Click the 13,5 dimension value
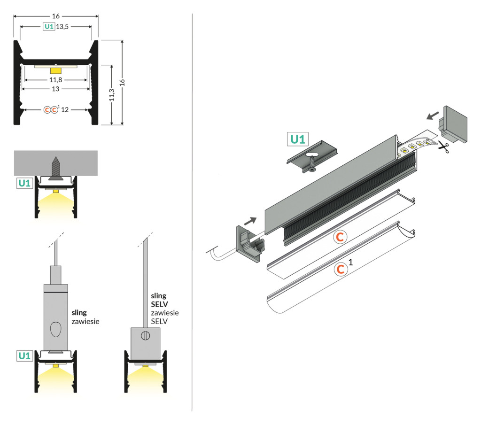(x=62, y=27)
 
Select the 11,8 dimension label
(x=55, y=80)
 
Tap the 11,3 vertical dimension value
(x=112, y=95)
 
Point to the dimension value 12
(x=65, y=110)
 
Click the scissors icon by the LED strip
(x=443, y=147)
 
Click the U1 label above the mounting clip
(x=297, y=139)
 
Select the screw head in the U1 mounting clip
(x=312, y=169)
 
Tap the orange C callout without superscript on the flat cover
(x=340, y=237)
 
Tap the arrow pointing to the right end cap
(x=433, y=116)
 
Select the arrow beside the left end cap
(x=250, y=221)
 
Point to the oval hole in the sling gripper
(x=55, y=329)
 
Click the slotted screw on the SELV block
(x=146, y=336)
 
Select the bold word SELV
(x=159, y=304)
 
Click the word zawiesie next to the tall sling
(x=85, y=321)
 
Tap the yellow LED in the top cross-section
(x=55, y=71)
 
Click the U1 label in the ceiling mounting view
(x=24, y=183)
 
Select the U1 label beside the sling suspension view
(x=24, y=356)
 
